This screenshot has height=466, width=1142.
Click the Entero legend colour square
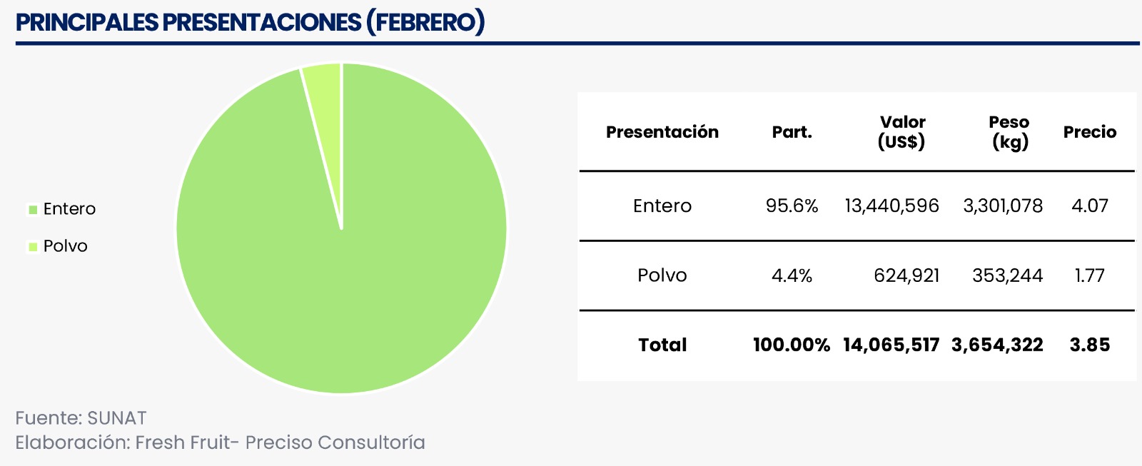[x=33, y=210]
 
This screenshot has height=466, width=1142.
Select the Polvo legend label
[x=65, y=246]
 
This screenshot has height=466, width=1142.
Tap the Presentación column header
[x=662, y=132]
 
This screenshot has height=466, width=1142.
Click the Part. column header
[x=792, y=132]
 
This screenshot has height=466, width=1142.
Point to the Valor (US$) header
[x=901, y=132]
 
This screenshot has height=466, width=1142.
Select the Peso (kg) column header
[x=1009, y=132]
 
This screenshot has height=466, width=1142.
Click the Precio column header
[x=1089, y=132]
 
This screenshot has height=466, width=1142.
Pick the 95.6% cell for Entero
[x=792, y=206]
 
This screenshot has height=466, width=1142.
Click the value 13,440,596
[x=891, y=206]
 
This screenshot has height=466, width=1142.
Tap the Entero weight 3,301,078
[x=1003, y=206]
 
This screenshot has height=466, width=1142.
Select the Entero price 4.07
[x=1089, y=206]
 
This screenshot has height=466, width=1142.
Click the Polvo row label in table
[x=662, y=275]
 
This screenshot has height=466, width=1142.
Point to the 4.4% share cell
[x=792, y=275]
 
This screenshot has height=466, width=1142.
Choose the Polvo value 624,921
[x=906, y=275]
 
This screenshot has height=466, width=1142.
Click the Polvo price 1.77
[x=1089, y=275]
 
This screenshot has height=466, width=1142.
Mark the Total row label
[x=662, y=345]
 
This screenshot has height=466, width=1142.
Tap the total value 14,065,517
[x=891, y=345]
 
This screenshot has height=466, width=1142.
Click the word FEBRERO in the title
[x=425, y=22]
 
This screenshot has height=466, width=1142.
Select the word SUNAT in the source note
[x=117, y=418]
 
